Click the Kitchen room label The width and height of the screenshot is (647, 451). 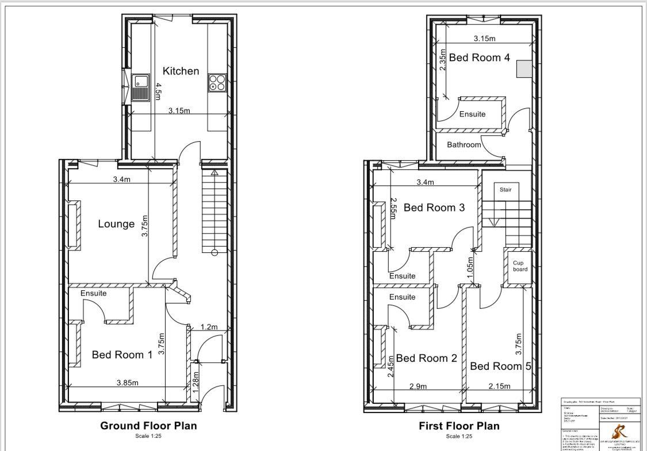(181, 71)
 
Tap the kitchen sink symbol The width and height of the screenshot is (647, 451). (141, 88)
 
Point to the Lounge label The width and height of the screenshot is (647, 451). (116, 224)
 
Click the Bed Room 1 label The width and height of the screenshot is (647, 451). (122, 355)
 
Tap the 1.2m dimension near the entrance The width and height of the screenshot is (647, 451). (209, 327)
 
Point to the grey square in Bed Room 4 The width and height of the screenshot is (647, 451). (523, 69)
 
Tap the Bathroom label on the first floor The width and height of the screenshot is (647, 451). (464, 145)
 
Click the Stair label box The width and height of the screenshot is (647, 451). (505, 190)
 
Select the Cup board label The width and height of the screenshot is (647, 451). (520, 266)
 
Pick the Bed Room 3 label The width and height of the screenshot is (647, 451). (434, 207)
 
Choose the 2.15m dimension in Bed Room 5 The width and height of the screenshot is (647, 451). (499, 386)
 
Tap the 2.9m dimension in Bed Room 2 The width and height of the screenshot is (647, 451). (418, 386)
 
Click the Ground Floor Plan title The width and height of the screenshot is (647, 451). (148, 426)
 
